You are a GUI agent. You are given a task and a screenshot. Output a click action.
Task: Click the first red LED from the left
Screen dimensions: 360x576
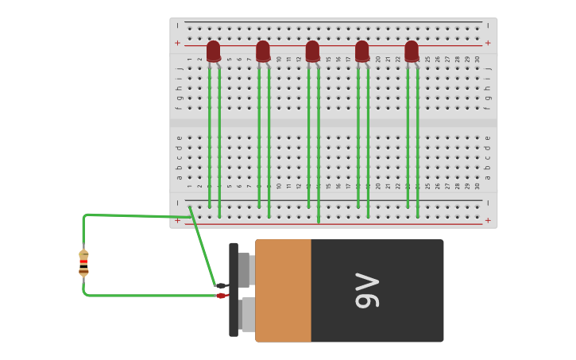click(x=213, y=51)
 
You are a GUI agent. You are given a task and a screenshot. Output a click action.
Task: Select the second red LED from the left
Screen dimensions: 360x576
click(x=263, y=51)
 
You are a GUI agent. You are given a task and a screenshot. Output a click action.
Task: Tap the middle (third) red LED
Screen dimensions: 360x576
click(x=312, y=51)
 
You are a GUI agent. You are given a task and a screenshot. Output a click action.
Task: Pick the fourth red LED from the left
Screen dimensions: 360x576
click(x=362, y=51)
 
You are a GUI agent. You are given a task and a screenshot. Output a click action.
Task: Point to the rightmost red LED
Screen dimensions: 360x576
click(x=412, y=51)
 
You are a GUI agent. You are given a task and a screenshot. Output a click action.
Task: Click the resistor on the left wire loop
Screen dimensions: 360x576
click(x=83, y=262)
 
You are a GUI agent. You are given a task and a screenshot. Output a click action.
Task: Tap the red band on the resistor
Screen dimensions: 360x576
click(x=83, y=261)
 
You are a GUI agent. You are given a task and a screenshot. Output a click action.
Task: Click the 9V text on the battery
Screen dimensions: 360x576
click(x=368, y=290)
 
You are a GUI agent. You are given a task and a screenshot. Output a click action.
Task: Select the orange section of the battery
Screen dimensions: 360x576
click(x=283, y=290)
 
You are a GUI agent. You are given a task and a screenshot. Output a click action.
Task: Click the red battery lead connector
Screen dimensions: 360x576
click(x=222, y=296)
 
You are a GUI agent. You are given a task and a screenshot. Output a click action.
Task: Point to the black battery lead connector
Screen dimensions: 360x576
click(x=221, y=285)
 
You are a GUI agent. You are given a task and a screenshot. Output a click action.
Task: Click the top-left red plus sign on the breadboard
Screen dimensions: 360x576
click(x=177, y=43)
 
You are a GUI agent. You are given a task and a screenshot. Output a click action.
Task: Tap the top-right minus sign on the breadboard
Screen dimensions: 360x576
click(x=488, y=25)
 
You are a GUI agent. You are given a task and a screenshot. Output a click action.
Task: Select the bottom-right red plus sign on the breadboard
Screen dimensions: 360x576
click(x=488, y=220)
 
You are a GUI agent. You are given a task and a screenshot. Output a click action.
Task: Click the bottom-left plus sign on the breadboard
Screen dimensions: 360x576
click(x=177, y=220)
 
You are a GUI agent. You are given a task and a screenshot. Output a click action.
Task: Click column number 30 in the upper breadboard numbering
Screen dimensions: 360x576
click(x=477, y=59)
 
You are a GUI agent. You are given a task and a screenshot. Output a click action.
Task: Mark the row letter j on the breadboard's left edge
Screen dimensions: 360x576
click(x=179, y=68)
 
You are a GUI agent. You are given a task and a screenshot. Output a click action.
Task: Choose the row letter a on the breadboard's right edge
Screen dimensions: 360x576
click(x=488, y=176)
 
